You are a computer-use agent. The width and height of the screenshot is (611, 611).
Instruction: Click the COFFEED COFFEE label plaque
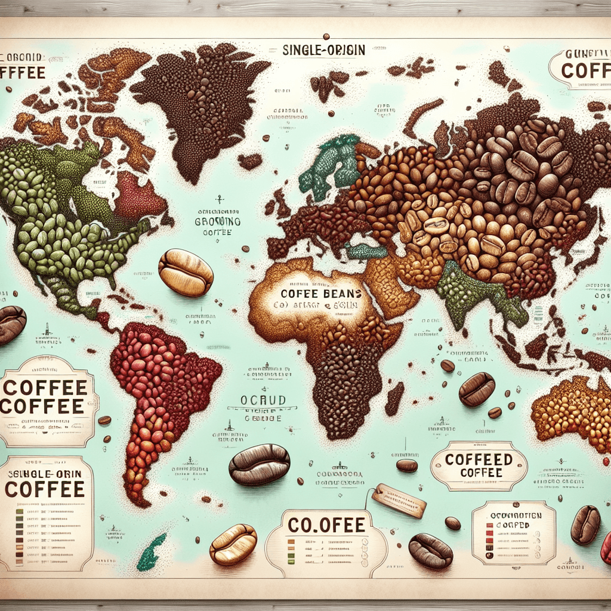479,465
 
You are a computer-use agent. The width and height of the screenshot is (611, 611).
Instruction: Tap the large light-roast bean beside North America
186,272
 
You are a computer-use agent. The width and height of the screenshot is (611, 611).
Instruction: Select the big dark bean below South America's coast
259,464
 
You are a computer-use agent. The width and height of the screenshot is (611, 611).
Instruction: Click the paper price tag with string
399,500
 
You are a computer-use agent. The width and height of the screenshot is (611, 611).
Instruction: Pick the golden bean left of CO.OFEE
233,544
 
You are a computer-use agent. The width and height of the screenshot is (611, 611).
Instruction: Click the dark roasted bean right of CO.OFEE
430,551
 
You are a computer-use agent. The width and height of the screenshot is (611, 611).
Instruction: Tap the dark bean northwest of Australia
477,389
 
